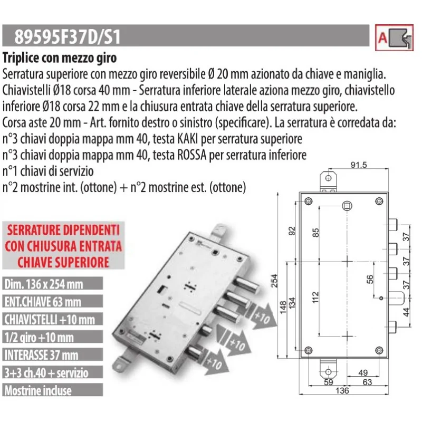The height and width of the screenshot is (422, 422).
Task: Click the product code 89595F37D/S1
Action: click(x=68, y=36)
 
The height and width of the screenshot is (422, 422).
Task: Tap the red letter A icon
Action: click(x=382, y=37)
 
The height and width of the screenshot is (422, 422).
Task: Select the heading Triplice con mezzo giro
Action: click(x=60, y=58)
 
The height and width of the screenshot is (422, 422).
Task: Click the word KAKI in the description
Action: click(x=187, y=139)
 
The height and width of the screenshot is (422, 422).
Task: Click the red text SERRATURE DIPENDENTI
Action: click(x=63, y=230)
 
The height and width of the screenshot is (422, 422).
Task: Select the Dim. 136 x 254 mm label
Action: click(x=44, y=284)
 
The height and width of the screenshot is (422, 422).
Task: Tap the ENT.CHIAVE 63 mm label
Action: click(x=43, y=302)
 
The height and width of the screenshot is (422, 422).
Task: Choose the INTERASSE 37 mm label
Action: click(x=42, y=355)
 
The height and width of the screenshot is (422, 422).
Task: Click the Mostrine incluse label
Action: click(x=38, y=390)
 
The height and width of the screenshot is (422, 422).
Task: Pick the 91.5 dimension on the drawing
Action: click(x=359, y=165)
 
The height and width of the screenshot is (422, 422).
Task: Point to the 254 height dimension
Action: click(x=274, y=281)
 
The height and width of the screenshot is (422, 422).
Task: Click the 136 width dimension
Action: click(x=342, y=390)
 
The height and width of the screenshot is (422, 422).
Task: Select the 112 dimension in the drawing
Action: click(x=315, y=298)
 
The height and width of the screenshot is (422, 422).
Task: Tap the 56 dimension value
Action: click(x=370, y=279)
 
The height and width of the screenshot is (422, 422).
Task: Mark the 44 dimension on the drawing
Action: click(x=406, y=312)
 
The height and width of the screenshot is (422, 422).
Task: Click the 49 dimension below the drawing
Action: click(x=363, y=372)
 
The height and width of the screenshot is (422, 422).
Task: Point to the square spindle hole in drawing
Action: click(x=347, y=206)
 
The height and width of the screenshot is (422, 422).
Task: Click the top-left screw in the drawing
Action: click(x=309, y=201)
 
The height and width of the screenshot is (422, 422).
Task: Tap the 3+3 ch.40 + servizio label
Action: click(x=46, y=373)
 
